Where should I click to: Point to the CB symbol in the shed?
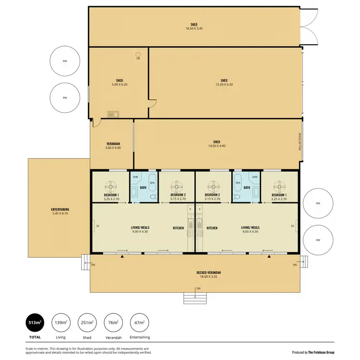pyautogui.click(x=138, y=54)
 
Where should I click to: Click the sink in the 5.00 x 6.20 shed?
pyautogui.click(x=113, y=114)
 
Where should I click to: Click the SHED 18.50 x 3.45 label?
pyautogui.click(x=194, y=26)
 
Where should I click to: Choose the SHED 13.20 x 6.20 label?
pyautogui.click(x=224, y=82)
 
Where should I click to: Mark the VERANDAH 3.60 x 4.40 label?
pyautogui.click(x=113, y=145)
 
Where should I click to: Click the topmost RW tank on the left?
pyautogui.click(x=65, y=61)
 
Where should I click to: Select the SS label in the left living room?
pyautogui.click(x=98, y=225)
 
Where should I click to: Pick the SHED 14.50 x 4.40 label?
pyautogui.click(x=216, y=144)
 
